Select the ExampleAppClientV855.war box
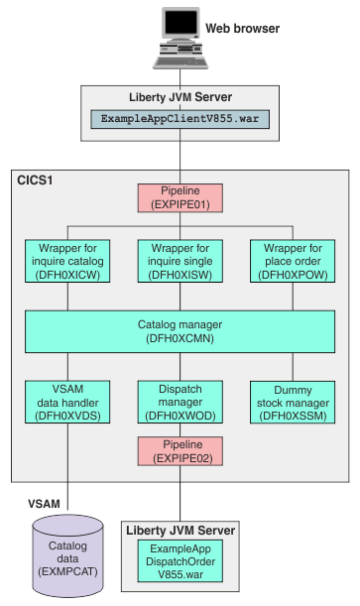point(180,118)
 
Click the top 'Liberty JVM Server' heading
point(180,97)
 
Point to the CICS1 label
point(36,182)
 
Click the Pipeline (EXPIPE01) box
point(180,197)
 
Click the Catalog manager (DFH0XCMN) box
point(180,330)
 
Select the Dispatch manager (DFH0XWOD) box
point(180,401)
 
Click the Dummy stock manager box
point(290,401)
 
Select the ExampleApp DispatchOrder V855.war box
point(180,562)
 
